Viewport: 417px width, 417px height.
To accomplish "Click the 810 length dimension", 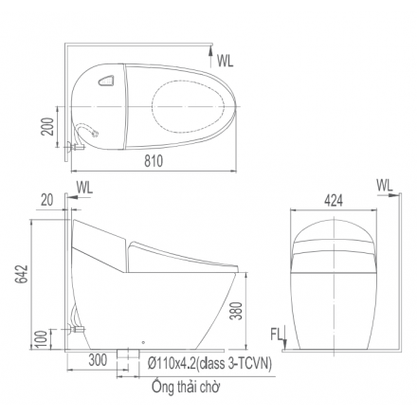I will (154, 162).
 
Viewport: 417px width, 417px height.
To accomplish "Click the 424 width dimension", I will (333, 200).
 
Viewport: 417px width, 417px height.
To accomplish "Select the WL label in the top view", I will (225, 61).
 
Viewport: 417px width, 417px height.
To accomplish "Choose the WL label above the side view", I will (84, 186).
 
